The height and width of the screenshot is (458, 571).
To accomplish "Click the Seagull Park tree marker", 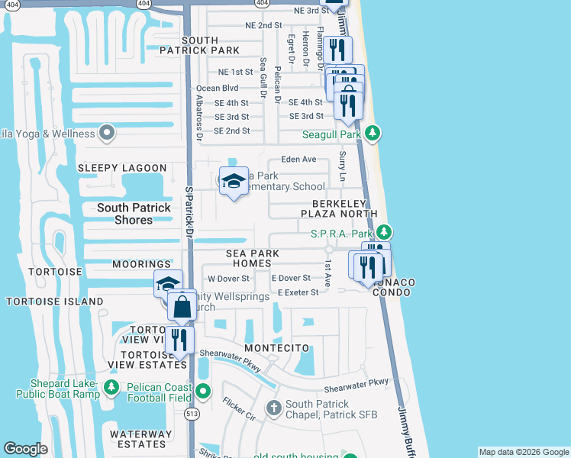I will [373, 134].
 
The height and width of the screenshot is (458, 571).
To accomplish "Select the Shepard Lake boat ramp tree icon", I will [111, 388].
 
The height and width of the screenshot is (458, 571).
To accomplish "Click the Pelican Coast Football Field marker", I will [202, 392].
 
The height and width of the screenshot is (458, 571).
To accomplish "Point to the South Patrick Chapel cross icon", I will [274, 409].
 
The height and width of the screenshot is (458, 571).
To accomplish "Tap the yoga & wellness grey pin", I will [107, 134].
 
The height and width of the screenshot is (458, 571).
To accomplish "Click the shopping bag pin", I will [182, 308].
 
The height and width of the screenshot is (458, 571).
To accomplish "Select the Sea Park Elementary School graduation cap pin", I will [234, 182].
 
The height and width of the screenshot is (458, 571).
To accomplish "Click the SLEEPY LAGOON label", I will [122, 168].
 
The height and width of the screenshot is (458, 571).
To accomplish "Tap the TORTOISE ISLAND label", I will [55, 302].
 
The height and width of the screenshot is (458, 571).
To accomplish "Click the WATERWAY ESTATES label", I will [137, 439].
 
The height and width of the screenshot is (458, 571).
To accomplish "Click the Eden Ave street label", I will [298, 160].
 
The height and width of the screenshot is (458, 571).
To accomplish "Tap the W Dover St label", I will [228, 279].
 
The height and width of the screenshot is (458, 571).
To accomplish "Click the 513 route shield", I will [192, 414].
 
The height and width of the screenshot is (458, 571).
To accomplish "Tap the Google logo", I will [26, 449].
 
